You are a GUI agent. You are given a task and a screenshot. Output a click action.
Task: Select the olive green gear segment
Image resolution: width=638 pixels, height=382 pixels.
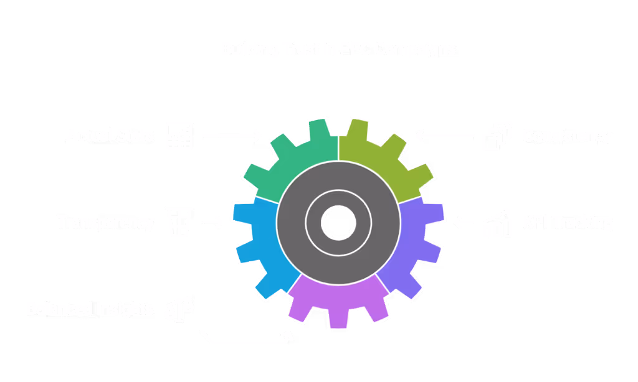[x=383, y=156]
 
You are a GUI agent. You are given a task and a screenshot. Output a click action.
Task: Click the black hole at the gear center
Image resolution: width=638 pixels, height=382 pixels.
[x=338, y=221]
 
